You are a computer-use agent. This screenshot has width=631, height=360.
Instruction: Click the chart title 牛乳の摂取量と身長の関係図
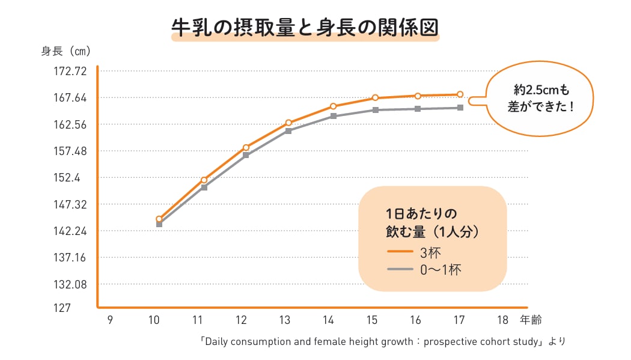click(x=305, y=28)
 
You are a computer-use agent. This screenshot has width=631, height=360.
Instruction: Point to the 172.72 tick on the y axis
click(x=70, y=72)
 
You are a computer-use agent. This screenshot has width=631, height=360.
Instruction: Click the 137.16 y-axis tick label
click(x=70, y=258)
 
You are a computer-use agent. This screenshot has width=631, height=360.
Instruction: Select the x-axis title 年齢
click(x=531, y=320)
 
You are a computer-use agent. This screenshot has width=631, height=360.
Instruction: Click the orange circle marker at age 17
click(x=460, y=94)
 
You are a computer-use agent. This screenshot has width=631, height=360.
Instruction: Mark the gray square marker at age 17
click(x=460, y=108)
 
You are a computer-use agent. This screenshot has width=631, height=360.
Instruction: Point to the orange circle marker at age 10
click(x=159, y=219)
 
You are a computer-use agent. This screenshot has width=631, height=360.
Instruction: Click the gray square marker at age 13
click(x=288, y=130)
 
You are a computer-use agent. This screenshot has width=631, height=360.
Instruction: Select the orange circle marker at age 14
click(x=333, y=106)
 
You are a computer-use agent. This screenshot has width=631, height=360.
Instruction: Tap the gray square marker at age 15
click(x=375, y=110)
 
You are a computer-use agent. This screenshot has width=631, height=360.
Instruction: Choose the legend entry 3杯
click(x=431, y=252)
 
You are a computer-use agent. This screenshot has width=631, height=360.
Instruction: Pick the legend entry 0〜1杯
click(x=440, y=270)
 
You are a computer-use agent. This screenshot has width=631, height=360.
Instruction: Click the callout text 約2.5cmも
click(x=541, y=90)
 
